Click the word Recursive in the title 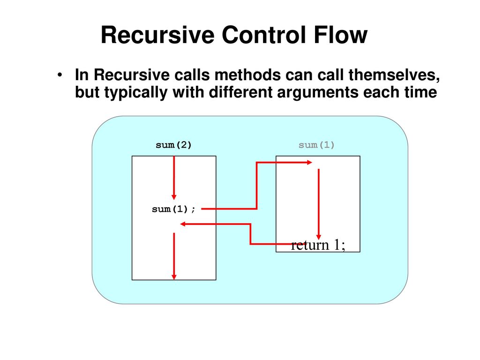[x=157, y=35]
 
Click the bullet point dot [x=60, y=75]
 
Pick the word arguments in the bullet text [x=317, y=92]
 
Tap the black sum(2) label [x=173, y=145]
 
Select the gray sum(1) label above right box [x=316, y=145]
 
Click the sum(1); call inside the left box [x=173, y=209]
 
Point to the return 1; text [x=318, y=245]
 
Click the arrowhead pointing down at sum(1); [x=174, y=197]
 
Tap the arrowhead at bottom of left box [x=174, y=277]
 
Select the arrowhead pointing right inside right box [x=309, y=163]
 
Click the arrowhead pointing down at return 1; [x=319, y=237]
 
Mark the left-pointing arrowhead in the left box [x=183, y=224]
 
